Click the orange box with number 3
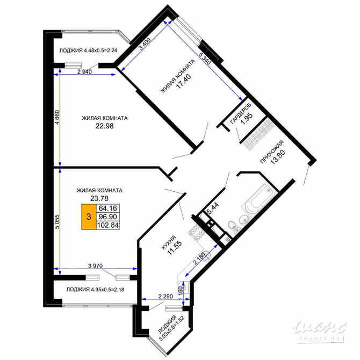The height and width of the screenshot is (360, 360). [89, 217]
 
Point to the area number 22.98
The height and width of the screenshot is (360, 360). [104, 127]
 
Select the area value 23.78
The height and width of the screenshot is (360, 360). [99, 198]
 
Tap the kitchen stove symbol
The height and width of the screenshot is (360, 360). [194, 232]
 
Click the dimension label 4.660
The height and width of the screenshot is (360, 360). [55, 119]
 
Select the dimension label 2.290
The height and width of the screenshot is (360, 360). [165, 296]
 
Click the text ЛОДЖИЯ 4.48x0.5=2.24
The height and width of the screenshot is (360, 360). [89, 51]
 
